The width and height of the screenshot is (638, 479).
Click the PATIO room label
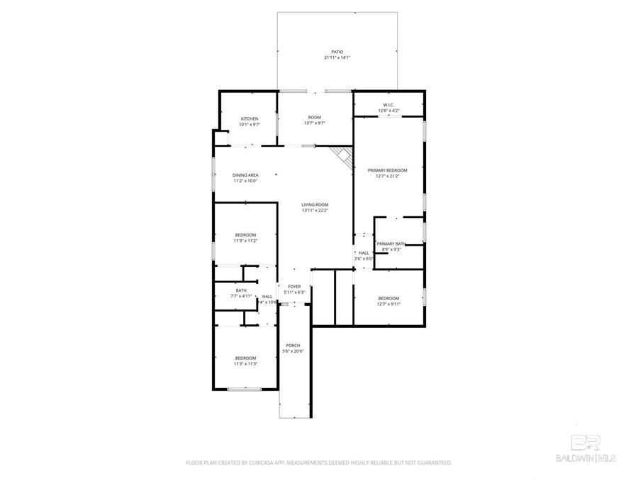pos(337,53)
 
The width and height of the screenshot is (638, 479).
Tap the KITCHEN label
pos(250,119)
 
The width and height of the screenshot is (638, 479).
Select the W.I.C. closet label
pos(388,105)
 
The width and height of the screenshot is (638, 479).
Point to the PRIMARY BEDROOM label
pos(388,170)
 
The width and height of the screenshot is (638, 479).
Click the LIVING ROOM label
pos(315,204)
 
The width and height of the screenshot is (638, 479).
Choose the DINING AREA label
pos(245,175)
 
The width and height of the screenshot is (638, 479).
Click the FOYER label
pos(294,287)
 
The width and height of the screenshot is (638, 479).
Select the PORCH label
pos(293,346)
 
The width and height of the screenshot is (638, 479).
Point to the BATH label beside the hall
pos(241,290)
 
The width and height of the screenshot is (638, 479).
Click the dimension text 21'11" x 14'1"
pos(337,58)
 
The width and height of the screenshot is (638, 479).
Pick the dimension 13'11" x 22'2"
pos(315,210)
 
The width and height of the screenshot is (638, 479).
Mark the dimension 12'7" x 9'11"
pos(388,304)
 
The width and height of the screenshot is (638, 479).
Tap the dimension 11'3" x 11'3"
pos(246,363)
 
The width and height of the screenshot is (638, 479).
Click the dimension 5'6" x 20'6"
pos(293,351)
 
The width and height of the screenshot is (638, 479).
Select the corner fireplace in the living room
pos(343,156)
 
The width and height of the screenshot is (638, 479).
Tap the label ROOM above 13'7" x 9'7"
pos(315,117)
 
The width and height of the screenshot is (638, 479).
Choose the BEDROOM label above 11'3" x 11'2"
pos(246,235)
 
